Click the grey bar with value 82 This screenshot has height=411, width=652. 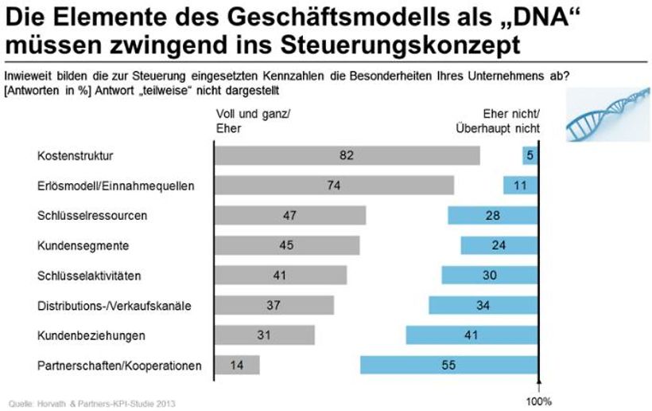point(347,155)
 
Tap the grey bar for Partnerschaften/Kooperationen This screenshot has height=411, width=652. point(237,365)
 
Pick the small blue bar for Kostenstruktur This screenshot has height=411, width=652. point(530,155)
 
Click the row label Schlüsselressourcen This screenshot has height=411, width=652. point(92,215)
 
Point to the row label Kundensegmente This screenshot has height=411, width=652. point(83,245)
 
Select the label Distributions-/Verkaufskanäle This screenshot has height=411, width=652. point(114,305)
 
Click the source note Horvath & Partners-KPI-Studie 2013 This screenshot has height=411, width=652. point(88,403)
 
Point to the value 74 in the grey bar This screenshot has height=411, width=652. point(332,186)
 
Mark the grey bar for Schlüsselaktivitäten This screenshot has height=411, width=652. point(281,275)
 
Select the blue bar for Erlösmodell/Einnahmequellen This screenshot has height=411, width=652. point(521,186)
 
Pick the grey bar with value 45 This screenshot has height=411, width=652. point(287,245)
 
